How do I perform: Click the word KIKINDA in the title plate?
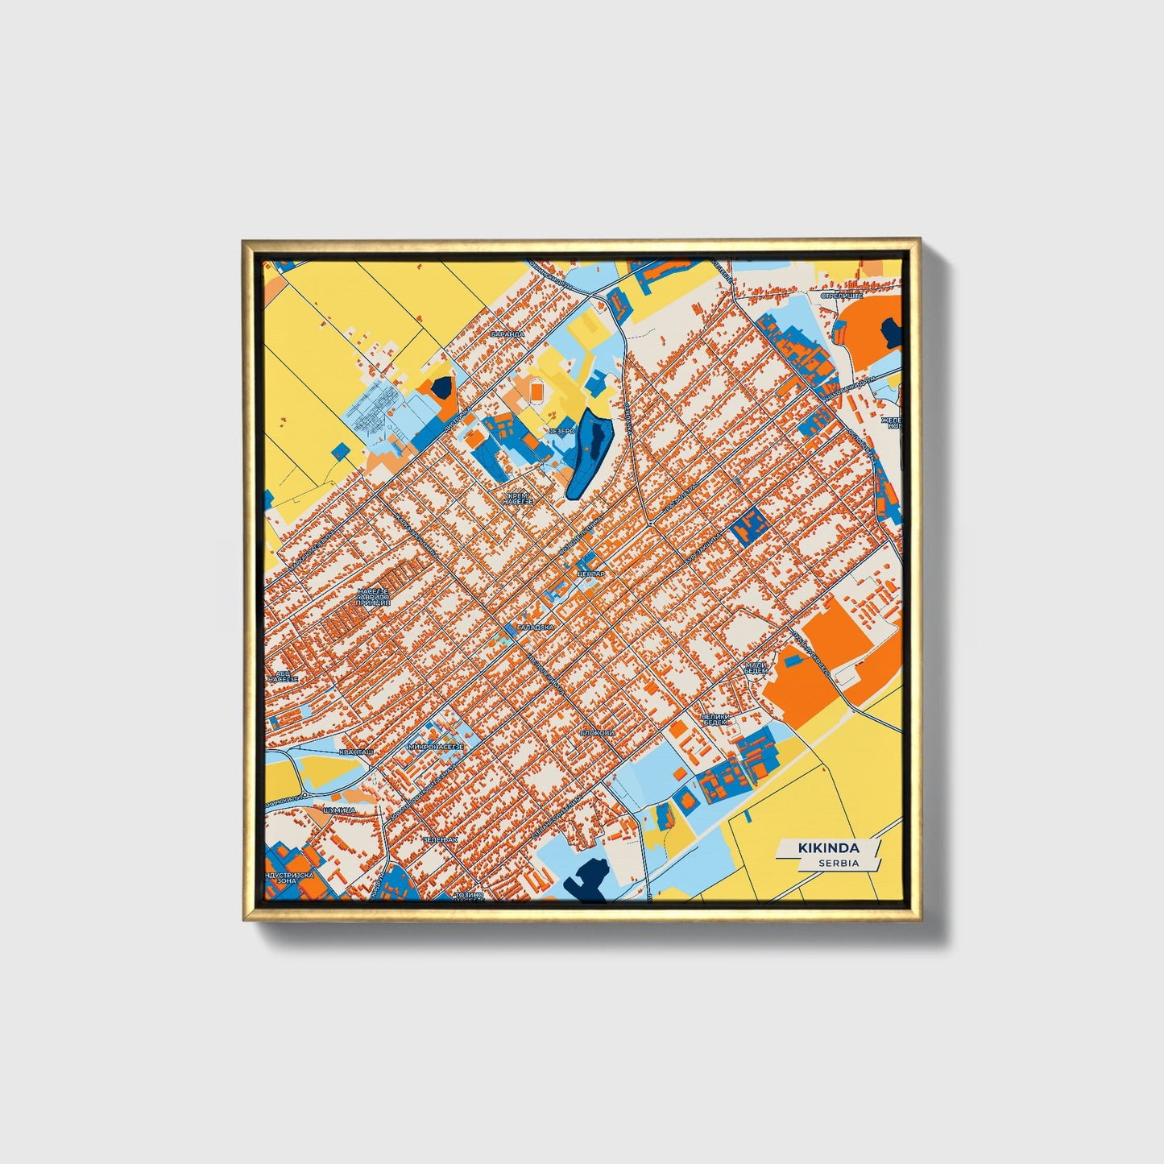pyautogui.click(x=828, y=848)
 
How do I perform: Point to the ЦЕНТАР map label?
pyautogui.click(x=590, y=574)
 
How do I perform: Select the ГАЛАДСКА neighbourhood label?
pyautogui.click(x=536, y=626)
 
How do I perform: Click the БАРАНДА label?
pyautogui.click(x=507, y=333)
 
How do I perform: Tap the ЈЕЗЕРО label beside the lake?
pyautogui.click(x=561, y=432)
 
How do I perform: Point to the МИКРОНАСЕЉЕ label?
pyautogui.click(x=436, y=748)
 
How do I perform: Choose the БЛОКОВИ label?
pyautogui.click(x=597, y=733)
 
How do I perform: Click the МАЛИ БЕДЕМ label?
pyautogui.click(x=756, y=668)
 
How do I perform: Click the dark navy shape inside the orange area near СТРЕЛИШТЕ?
pyautogui.click(x=891, y=329)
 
